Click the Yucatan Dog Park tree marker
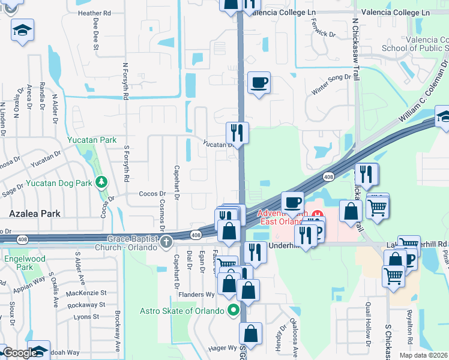click(102, 181)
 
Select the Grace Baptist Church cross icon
click(166, 242)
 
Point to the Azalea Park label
click(30, 213)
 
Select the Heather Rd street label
click(94, 13)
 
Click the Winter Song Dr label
click(330, 85)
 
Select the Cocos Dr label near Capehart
click(152, 194)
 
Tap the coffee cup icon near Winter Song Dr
click(259, 82)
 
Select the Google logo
click(19, 353)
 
